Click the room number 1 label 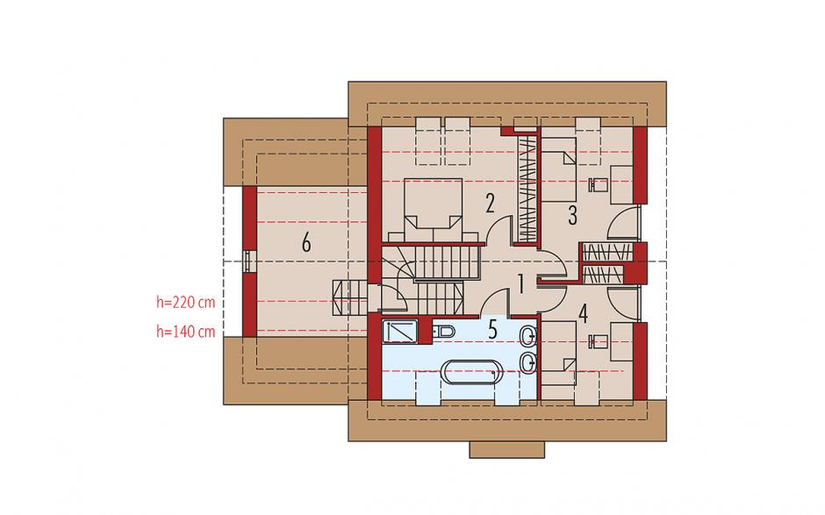(520, 284)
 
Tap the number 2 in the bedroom (490, 203)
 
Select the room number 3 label (572, 215)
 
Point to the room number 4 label (583, 313)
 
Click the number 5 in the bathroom (492, 329)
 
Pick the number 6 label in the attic (306, 243)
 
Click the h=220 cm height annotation (186, 302)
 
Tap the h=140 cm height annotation (186, 332)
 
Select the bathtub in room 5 (472, 373)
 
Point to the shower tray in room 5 (400, 332)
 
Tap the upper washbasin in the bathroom (528, 335)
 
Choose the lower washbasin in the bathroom (528, 362)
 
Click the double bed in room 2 (433, 211)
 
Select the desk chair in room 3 (599, 184)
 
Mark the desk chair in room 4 (599, 341)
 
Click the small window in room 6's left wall (247, 261)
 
